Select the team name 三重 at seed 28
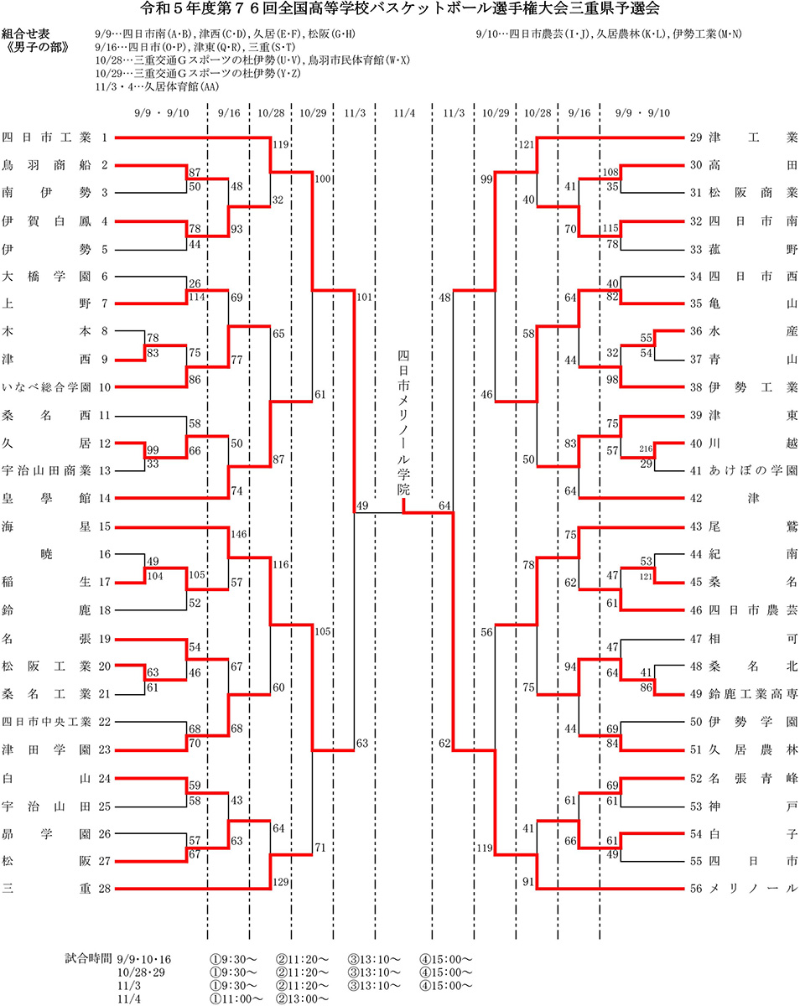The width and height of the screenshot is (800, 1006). tap(47, 888)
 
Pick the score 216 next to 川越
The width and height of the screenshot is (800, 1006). tap(646, 451)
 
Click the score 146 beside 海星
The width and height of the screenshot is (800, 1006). tap(238, 534)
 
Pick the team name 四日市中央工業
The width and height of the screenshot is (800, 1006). tap(47, 721)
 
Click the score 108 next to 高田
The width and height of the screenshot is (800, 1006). tap(610, 172)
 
